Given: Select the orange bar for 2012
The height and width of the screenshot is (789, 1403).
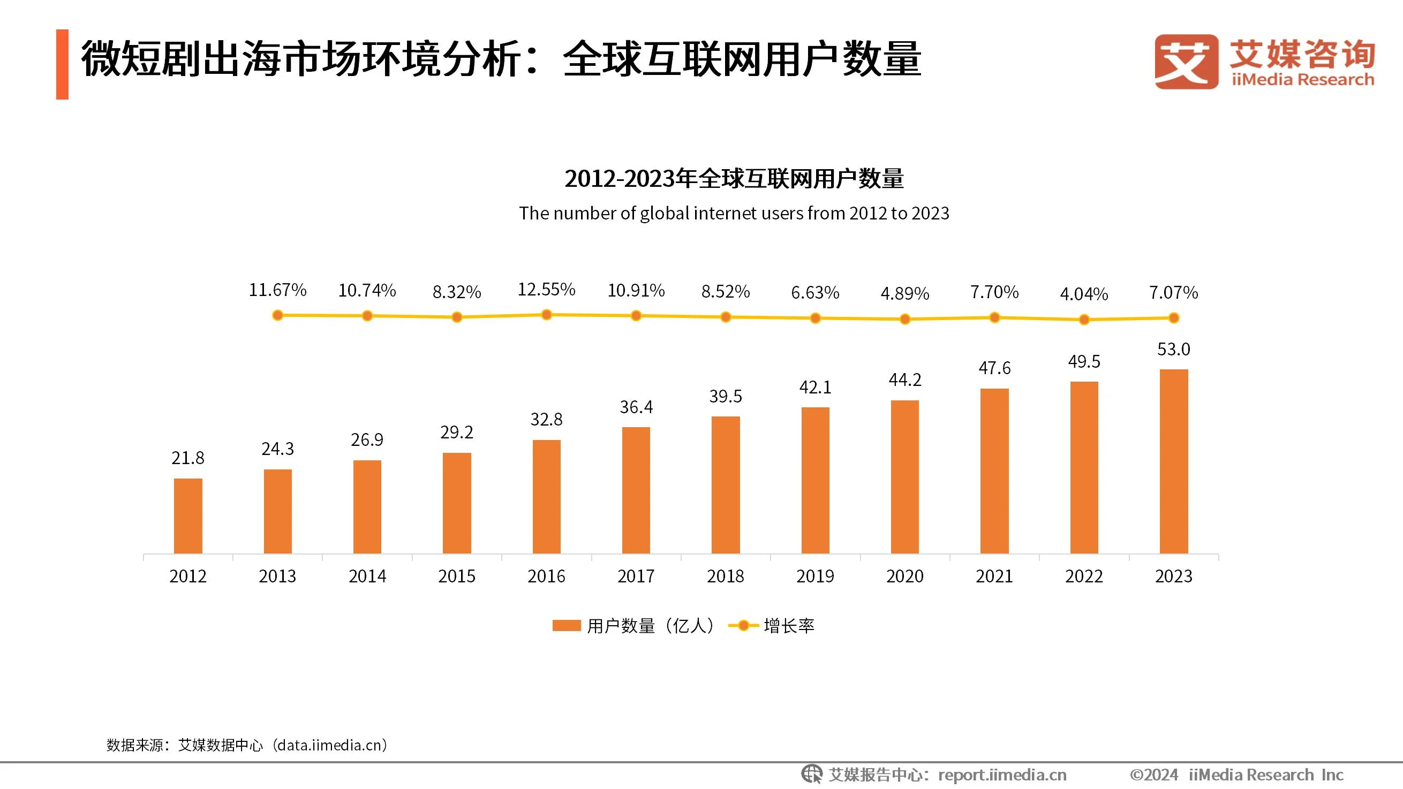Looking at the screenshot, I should pyautogui.click(x=188, y=515).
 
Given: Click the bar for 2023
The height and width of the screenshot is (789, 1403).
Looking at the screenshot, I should pyautogui.click(x=1174, y=461).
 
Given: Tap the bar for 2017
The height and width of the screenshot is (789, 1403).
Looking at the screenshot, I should pyautogui.click(x=636, y=490).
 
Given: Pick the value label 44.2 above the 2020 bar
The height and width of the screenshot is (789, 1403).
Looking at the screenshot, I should pyautogui.click(x=904, y=380).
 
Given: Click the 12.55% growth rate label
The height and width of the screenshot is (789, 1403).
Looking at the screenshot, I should pyautogui.click(x=546, y=289).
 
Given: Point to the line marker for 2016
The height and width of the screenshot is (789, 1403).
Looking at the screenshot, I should pyautogui.click(x=546, y=315).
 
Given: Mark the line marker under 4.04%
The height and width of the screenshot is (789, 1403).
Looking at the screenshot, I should pyautogui.click(x=1084, y=320).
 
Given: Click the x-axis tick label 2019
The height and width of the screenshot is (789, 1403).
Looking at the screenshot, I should pyautogui.click(x=815, y=576).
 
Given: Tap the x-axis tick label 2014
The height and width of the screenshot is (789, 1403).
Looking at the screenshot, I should pyautogui.click(x=367, y=576).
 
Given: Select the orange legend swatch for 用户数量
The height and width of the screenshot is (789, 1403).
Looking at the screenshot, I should pyautogui.click(x=567, y=626).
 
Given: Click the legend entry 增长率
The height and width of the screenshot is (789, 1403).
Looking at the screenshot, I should pyautogui.click(x=789, y=626).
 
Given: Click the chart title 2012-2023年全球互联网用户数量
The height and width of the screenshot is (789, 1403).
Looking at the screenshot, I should pyautogui.click(x=734, y=179).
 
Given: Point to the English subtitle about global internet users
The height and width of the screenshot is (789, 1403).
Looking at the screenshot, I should pyautogui.click(x=734, y=213).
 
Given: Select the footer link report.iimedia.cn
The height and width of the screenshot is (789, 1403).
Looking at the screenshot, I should pyautogui.click(x=1002, y=775).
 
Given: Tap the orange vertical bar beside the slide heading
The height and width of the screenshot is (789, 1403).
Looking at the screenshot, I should pyautogui.click(x=62, y=64).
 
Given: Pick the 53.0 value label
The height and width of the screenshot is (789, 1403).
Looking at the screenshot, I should pyautogui.click(x=1174, y=349).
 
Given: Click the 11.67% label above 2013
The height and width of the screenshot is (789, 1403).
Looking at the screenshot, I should pyautogui.click(x=277, y=290).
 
